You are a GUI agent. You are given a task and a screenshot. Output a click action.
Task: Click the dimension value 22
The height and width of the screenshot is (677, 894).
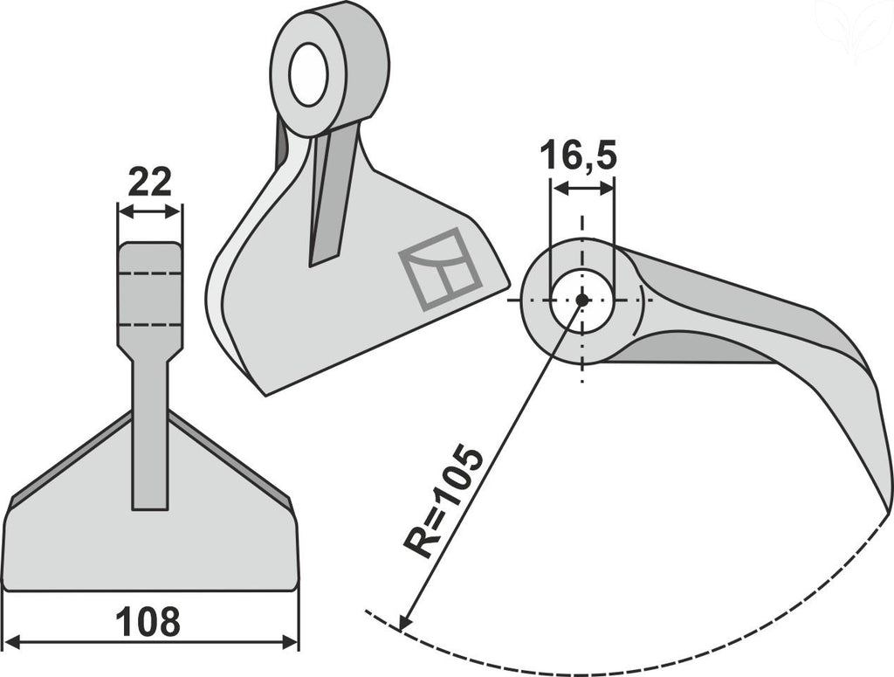(149, 182)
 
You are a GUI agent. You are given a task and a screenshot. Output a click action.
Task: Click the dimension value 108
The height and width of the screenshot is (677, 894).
(148, 622)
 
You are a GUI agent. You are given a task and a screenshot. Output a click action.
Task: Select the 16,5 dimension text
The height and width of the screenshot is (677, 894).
(578, 155)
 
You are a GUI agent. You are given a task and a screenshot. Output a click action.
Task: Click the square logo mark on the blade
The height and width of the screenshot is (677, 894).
(441, 269)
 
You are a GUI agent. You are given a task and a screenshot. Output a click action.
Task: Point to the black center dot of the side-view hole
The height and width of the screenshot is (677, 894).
(581, 300)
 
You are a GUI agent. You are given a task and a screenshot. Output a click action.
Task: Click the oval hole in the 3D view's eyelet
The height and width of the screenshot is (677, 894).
(308, 74)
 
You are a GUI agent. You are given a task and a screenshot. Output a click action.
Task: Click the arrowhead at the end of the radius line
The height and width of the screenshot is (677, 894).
(405, 621)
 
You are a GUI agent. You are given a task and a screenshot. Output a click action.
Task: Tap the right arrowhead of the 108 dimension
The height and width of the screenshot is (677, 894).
(290, 643)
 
